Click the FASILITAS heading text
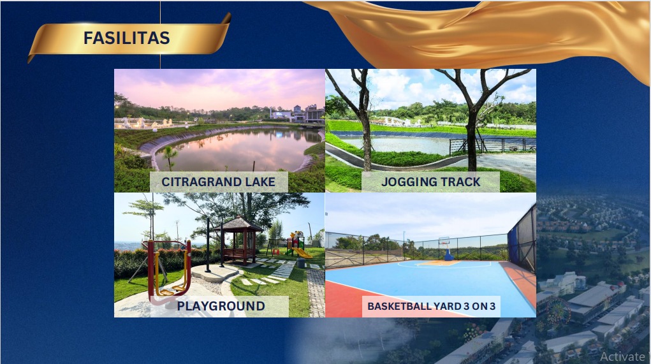click(x=127, y=38)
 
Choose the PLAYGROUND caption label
click(x=221, y=306)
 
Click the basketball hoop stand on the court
click(x=446, y=249)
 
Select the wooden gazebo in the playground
click(x=238, y=241)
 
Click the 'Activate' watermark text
click(x=622, y=356)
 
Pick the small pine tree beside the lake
click(x=170, y=157)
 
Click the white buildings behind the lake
click(x=297, y=113)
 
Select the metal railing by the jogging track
click(x=492, y=145)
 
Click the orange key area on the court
click(x=439, y=263)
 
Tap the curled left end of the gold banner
click(x=32, y=57)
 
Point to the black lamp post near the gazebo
click(x=208, y=245)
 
